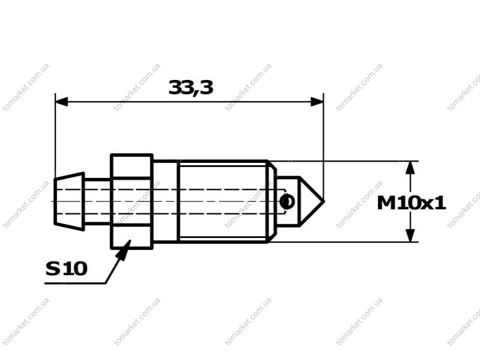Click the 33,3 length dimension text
(190, 87)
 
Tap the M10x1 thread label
(411, 203)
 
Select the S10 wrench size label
(67, 269)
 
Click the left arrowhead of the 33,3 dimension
(61, 102)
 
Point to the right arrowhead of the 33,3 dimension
(317, 102)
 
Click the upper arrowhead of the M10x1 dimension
(410, 168)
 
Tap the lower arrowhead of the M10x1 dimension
(410, 236)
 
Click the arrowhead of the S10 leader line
(124, 250)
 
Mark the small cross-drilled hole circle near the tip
(287, 201)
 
